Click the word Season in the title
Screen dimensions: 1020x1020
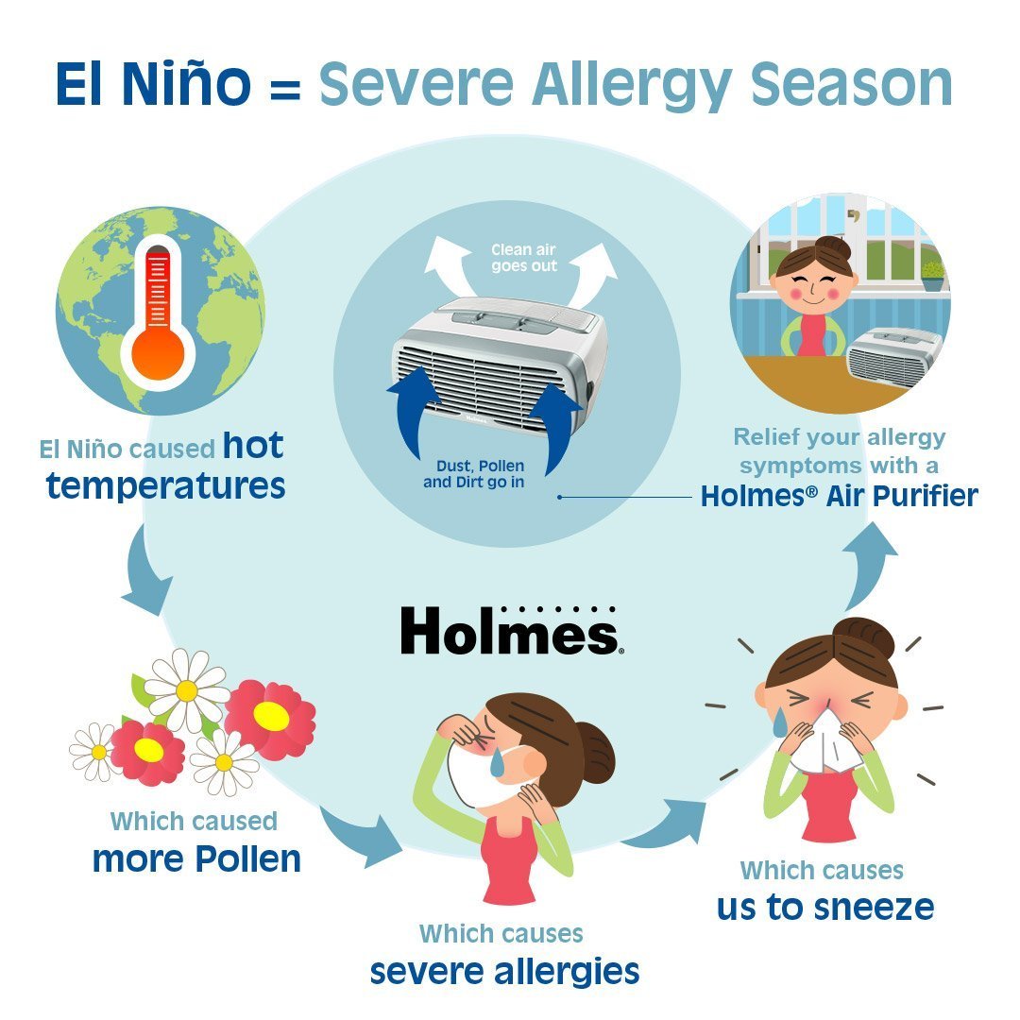click(x=852, y=85)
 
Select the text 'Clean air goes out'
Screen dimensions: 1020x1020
click(x=523, y=258)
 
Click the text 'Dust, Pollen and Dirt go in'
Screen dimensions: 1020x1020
click(x=474, y=474)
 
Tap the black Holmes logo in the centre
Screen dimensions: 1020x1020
click(x=509, y=630)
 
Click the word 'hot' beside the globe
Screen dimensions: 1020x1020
click(x=253, y=446)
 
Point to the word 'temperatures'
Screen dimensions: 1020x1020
click(x=166, y=486)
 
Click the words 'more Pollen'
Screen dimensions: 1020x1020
click(x=196, y=858)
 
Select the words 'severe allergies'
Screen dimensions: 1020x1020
click(x=504, y=972)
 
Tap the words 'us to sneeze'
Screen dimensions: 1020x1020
click(x=825, y=907)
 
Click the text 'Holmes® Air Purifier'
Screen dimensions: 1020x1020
click(x=840, y=496)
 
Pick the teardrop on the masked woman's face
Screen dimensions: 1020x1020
click(x=498, y=762)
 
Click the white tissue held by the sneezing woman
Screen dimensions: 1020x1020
click(x=826, y=741)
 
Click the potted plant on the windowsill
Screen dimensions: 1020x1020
click(x=933, y=276)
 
